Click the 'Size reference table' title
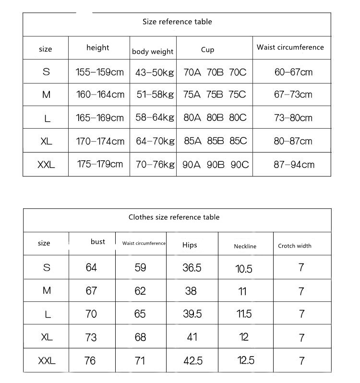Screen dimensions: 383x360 (x=177, y=22)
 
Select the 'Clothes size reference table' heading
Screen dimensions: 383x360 (x=174, y=217)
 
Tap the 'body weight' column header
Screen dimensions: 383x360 (x=153, y=51)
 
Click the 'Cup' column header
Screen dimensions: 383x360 (x=207, y=49)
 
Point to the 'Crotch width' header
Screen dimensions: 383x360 (x=295, y=246)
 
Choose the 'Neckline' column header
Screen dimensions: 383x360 (x=245, y=246)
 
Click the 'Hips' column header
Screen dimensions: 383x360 (x=190, y=245)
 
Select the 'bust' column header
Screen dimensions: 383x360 (x=97, y=241)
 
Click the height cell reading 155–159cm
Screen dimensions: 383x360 (x=100, y=72)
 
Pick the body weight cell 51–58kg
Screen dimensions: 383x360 (x=155, y=95)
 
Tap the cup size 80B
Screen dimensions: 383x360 (x=215, y=118)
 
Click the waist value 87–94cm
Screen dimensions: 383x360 (x=294, y=165)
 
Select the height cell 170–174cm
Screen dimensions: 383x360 (x=100, y=141)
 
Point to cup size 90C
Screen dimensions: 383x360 (x=240, y=165)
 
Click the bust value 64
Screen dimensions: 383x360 (x=91, y=267)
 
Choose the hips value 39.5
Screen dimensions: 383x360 (x=192, y=314)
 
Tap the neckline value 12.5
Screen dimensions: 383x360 (x=245, y=360)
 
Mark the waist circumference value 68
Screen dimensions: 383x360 (x=140, y=337)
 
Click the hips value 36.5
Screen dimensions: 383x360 (x=192, y=268)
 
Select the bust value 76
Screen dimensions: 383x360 (x=90, y=360)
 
